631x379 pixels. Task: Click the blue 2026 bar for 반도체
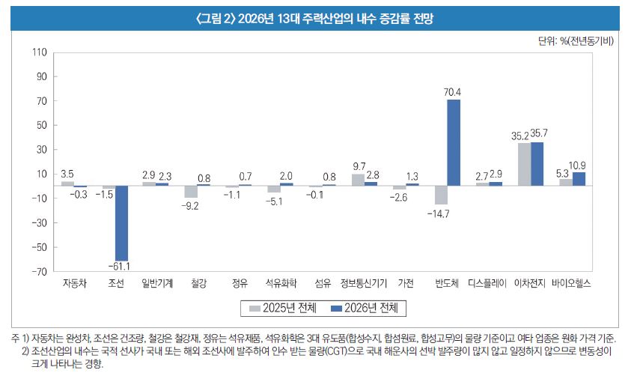point(453,142)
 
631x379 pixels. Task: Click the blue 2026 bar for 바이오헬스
point(579,179)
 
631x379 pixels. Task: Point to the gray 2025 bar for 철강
point(190,192)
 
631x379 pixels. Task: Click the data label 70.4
point(452,92)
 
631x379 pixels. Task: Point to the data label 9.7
point(358,166)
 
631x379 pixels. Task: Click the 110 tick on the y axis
point(39,53)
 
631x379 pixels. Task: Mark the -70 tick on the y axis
point(38,271)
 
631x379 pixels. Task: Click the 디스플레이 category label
point(487,284)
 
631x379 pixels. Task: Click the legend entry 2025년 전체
point(283,308)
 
